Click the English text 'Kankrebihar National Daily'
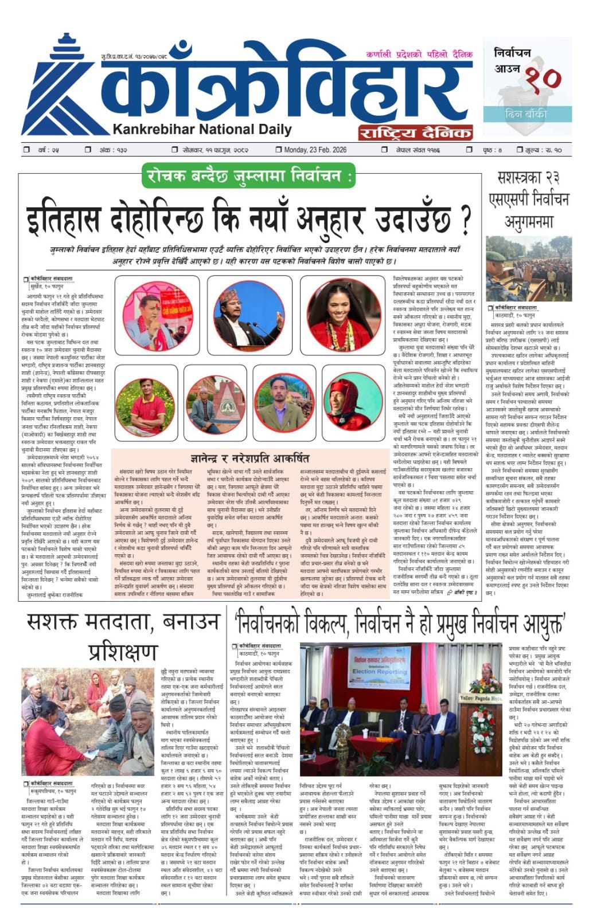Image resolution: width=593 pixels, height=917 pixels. click(x=202, y=130)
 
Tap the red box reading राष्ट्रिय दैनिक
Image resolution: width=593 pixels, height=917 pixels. click(x=415, y=132)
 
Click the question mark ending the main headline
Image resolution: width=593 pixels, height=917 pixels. click(x=466, y=218)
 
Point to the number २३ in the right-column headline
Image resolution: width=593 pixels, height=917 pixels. click(x=551, y=178)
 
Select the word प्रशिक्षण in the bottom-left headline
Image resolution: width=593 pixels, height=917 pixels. click(x=122, y=651)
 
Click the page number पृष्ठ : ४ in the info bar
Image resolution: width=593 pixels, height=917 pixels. click(x=491, y=150)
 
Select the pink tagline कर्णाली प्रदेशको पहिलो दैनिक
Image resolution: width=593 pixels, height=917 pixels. click(x=419, y=54)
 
